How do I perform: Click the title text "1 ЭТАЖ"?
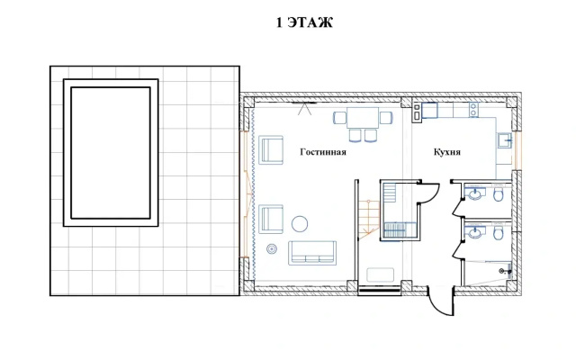(304, 22)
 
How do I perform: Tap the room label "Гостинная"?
(323, 152)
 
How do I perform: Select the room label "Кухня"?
(447, 152)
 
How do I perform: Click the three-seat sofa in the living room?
(312, 253)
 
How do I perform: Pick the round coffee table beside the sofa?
(300, 223)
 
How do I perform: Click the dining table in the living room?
(363, 118)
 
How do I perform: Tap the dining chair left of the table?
(340, 118)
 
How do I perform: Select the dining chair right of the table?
(386, 118)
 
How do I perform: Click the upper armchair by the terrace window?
(271, 150)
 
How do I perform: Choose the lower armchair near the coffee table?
(271, 220)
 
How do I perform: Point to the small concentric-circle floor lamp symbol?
(272, 249)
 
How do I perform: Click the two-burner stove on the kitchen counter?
(474, 110)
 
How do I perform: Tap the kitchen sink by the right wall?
(505, 140)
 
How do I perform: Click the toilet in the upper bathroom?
(498, 194)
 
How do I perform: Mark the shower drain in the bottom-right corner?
(501, 271)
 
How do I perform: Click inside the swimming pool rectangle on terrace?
(111, 152)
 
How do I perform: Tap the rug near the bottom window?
(381, 274)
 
